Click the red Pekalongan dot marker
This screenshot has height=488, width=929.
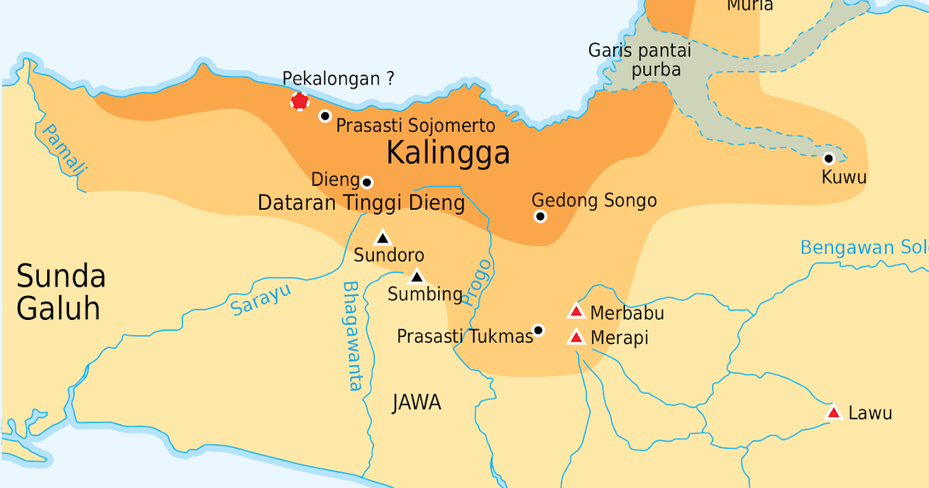tap(300, 101)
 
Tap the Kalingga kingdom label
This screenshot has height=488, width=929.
tap(447, 153)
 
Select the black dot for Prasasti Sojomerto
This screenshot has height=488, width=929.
tap(325, 115)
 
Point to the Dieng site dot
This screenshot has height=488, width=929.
tap(367, 182)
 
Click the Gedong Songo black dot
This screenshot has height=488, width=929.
tap(540, 216)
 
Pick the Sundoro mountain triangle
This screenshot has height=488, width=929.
tap(382, 239)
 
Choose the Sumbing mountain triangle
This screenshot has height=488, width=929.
tap(417, 277)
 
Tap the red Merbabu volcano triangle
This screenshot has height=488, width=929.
tap(575, 311)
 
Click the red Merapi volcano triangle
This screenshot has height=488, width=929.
tap(575, 337)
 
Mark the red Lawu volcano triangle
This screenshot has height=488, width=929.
tap(834, 412)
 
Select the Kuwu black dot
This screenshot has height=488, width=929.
tap(828, 158)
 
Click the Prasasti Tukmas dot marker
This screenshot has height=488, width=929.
tap(539, 330)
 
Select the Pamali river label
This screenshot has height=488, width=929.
tap(65, 149)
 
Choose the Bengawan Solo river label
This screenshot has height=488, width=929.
tap(863, 248)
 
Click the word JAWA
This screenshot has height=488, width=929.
tap(417, 402)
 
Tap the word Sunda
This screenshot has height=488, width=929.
tap(61, 277)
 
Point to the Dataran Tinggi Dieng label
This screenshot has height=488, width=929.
tap(361, 204)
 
